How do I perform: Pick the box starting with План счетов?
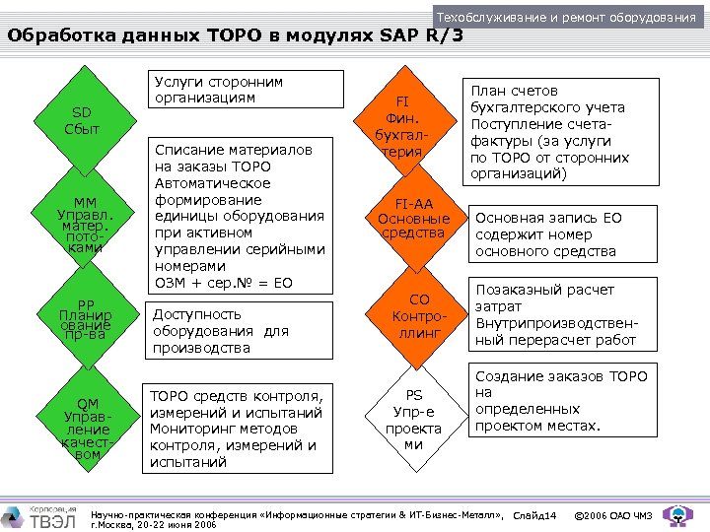coord(562,131)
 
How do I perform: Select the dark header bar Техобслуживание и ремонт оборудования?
coord(566,18)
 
